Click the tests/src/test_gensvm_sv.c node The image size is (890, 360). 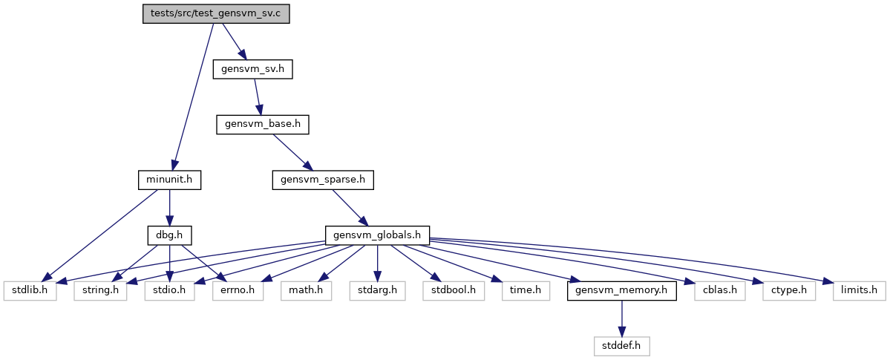[x=216, y=13]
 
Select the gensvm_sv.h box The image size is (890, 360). [x=252, y=69]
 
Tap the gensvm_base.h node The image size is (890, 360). [x=262, y=125]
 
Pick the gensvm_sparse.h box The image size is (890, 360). [x=323, y=180]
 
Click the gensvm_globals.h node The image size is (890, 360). [x=377, y=235]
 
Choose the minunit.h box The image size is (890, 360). [x=170, y=180]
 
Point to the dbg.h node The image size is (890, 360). [x=170, y=235]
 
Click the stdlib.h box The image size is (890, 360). [x=30, y=291]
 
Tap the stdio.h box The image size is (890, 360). [x=169, y=291]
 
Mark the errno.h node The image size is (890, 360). [x=238, y=291]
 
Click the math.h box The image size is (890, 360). [x=306, y=291]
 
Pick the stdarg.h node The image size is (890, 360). [x=377, y=291]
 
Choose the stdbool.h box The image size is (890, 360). [x=454, y=291]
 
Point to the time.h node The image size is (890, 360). [x=526, y=291]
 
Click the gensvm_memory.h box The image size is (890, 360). [x=621, y=291]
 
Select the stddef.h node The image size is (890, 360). [x=621, y=346]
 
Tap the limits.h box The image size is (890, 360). [x=860, y=291]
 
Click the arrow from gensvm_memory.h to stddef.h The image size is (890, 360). [x=621, y=318]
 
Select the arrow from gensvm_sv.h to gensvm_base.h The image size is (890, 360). [x=257, y=96]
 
